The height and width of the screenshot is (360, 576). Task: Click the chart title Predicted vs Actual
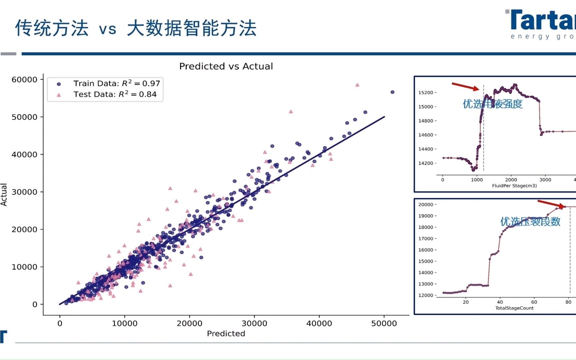click(x=226, y=66)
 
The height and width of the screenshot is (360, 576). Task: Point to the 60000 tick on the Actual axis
click(x=24, y=80)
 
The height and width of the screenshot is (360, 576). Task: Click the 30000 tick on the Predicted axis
click(x=254, y=323)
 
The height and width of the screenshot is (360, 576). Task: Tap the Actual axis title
click(x=4, y=194)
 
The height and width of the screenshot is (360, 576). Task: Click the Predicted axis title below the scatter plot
click(x=226, y=334)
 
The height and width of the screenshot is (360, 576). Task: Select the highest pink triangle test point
click(x=357, y=85)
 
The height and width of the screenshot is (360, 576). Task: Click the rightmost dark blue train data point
click(x=392, y=92)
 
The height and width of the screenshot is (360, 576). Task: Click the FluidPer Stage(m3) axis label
click(x=514, y=186)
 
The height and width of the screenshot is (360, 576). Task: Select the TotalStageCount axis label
click(x=514, y=308)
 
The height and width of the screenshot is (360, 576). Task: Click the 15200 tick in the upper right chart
click(x=426, y=93)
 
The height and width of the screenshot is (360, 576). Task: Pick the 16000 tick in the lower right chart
click(x=426, y=250)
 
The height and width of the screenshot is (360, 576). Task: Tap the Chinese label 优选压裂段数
click(x=530, y=222)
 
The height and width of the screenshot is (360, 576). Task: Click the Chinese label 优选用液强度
click(x=492, y=104)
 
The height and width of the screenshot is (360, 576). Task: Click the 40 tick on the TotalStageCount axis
click(x=500, y=302)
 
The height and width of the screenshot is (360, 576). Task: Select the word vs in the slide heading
click(x=108, y=29)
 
